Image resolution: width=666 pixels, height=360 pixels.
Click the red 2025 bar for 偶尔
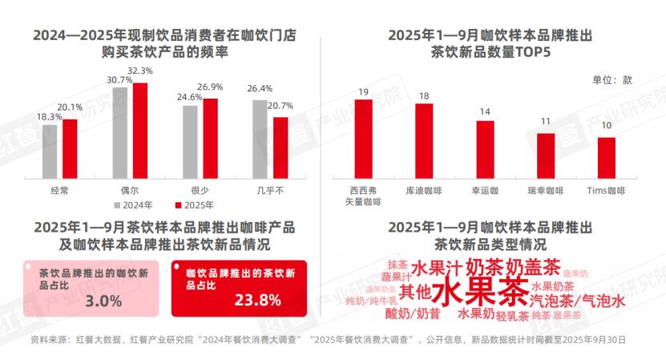[140, 129]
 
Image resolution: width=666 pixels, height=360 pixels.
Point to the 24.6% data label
[189, 97]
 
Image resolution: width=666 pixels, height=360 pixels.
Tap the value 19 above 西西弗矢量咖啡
[363, 91]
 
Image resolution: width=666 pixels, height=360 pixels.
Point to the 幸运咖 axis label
[485, 191]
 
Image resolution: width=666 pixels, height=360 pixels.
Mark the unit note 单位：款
[613, 80]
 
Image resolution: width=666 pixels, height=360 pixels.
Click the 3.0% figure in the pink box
[103, 301]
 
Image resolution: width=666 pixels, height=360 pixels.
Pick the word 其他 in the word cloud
[415, 291]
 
